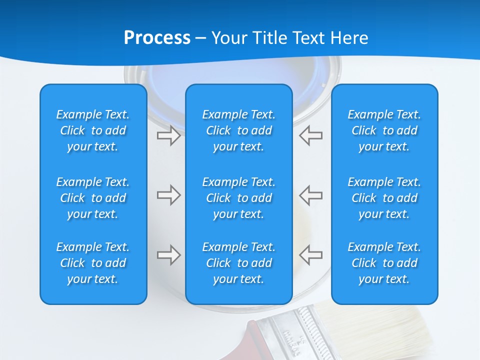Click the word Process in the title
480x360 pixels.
[157, 37]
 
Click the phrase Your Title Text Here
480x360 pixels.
[290, 37]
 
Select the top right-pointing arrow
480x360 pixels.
[169, 135]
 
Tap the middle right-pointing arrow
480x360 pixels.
[169, 195]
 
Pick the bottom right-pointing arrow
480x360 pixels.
[169, 255]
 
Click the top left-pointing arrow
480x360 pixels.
[310, 135]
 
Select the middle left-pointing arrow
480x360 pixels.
[310, 195]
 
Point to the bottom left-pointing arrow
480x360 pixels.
[310, 255]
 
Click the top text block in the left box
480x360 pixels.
[93, 130]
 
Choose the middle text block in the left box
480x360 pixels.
[93, 198]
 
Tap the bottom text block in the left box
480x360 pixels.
[93, 263]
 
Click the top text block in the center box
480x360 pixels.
[239, 130]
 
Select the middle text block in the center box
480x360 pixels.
[239, 198]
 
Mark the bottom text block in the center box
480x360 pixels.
[239, 263]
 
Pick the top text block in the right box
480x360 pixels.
[384, 130]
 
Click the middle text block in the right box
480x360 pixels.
[384, 198]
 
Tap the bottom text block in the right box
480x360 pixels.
[384, 263]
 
